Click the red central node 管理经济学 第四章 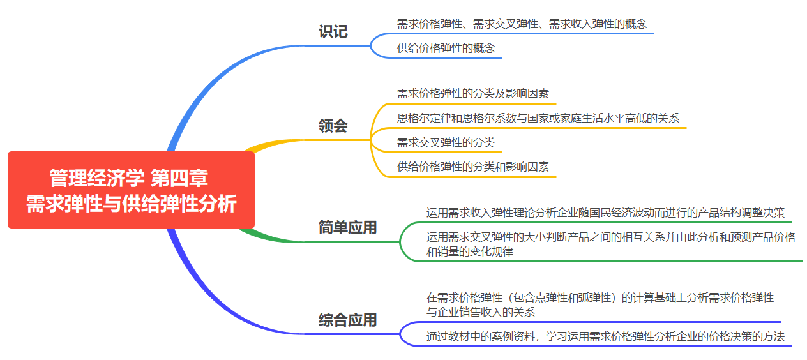coord(131,190)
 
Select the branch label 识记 coord(333,32)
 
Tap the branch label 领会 coord(333,126)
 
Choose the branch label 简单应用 coord(347,228)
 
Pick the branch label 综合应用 coord(347,320)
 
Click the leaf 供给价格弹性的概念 coord(446,48)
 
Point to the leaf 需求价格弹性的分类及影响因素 coord(472,93)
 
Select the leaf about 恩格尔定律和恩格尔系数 coord(538,118)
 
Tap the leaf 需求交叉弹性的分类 coord(446,142)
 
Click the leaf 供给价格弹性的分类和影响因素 coord(472,167)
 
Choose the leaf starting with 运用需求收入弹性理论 coord(605,213)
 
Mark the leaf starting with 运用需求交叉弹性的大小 coord(610,244)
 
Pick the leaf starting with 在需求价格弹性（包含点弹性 coord(600,304)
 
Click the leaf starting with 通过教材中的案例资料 coord(605,336)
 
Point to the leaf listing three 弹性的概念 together coord(522,24)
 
